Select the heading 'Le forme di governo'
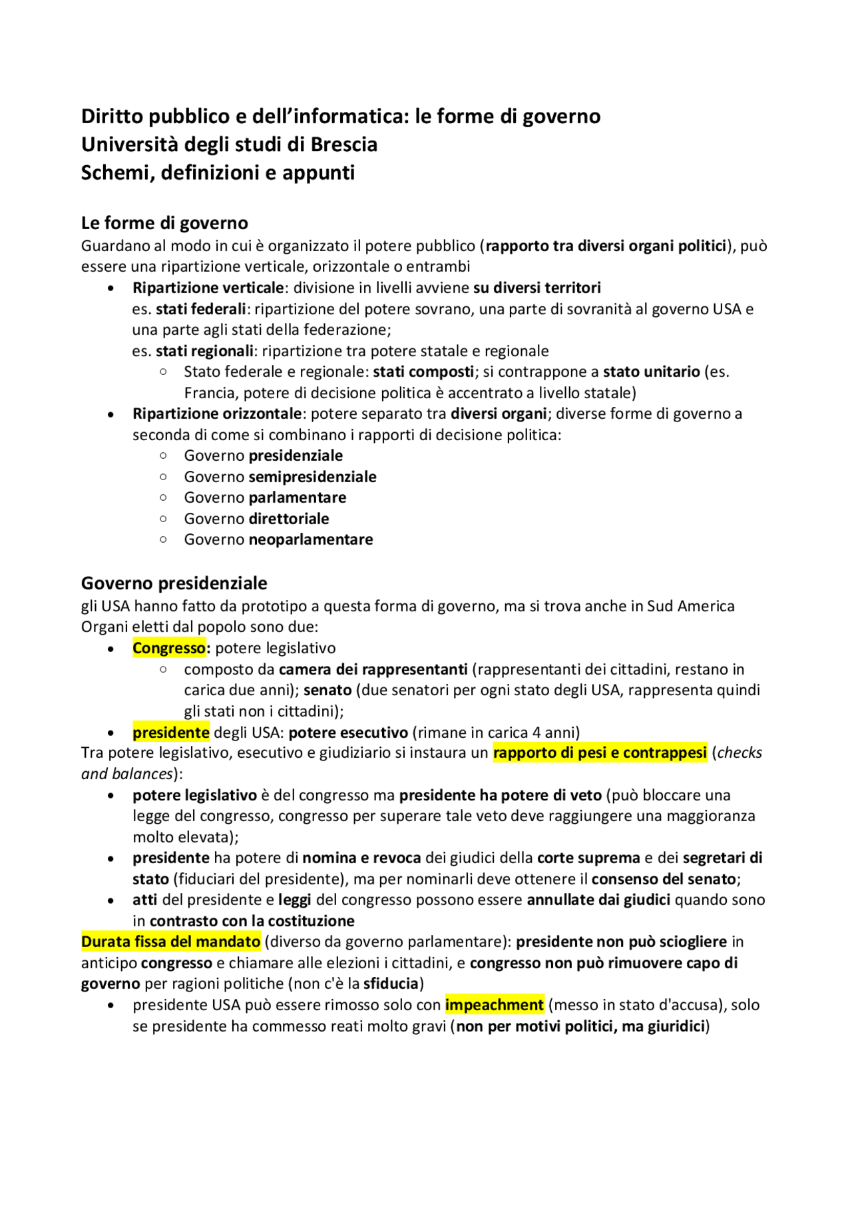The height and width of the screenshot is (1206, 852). [164, 222]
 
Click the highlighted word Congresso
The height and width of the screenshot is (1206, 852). [169, 648]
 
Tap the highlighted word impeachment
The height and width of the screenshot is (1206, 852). [494, 1005]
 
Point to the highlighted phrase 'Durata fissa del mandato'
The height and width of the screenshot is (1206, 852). [170, 942]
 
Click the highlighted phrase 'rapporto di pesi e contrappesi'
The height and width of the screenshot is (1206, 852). [599, 753]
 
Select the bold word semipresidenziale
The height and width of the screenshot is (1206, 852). [312, 477]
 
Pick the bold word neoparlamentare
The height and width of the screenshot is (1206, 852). [310, 539]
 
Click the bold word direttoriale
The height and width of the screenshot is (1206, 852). [288, 519]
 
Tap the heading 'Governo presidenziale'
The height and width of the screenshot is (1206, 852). [174, 583]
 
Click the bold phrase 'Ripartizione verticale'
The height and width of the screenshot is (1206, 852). [208, 288]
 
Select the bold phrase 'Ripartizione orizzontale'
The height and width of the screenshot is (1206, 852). [217, 414]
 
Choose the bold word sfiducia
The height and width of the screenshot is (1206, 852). [391, 984]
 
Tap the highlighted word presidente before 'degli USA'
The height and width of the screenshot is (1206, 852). [171, 733]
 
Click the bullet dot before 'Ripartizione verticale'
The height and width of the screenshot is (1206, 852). [110, 288]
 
